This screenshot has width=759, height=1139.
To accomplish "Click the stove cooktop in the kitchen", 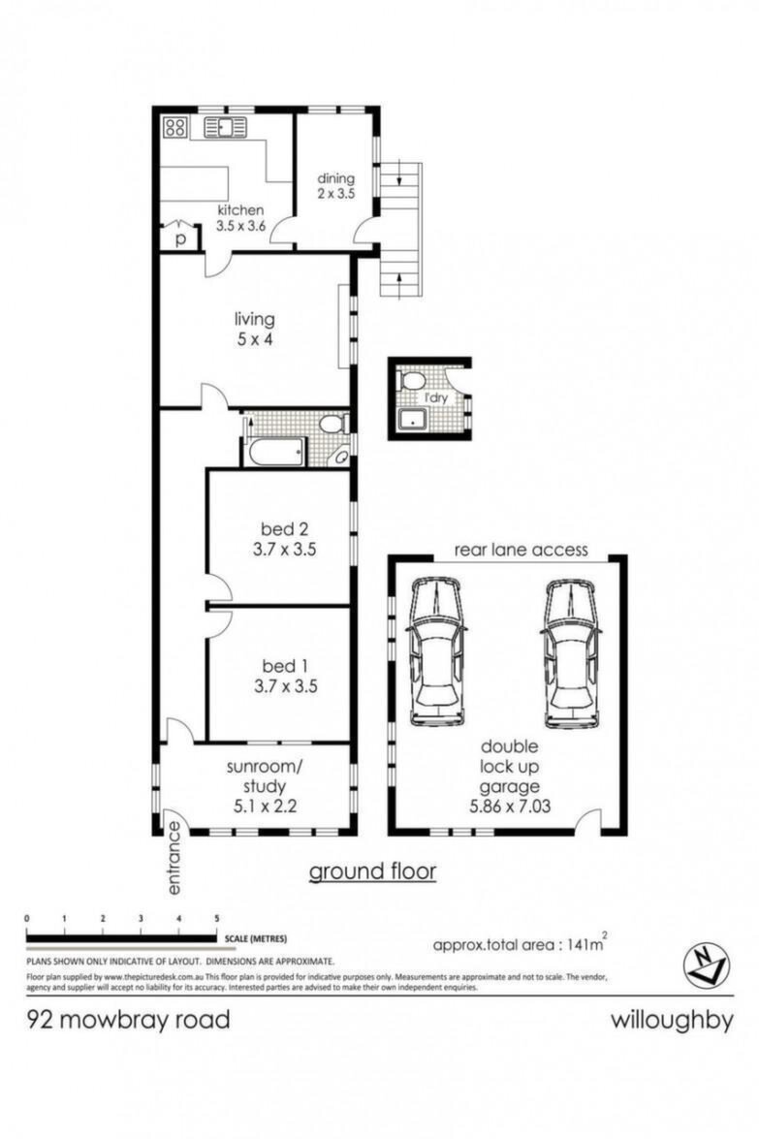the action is [175, 127].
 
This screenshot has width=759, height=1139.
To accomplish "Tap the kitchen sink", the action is [225, 126].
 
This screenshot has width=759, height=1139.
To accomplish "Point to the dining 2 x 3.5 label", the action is [335, 186].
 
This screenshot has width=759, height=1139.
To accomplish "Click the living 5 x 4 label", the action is [254, 329].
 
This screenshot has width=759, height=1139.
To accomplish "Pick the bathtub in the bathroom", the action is [276, 452].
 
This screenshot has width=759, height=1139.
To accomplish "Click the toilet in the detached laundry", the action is [413, 381].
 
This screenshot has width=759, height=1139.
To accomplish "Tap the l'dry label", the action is [436, 398].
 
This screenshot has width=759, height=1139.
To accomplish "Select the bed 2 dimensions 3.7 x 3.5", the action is [284, 550].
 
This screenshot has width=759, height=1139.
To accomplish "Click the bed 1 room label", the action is [279, 665].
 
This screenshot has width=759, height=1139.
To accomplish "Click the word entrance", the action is [174, 858].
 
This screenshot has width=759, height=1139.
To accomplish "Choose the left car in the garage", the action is [436, 651].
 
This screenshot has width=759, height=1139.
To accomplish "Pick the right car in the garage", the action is [572, 653].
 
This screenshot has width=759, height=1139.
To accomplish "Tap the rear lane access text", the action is [521, 550].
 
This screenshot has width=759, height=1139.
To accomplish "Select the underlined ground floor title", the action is [372, 870].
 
